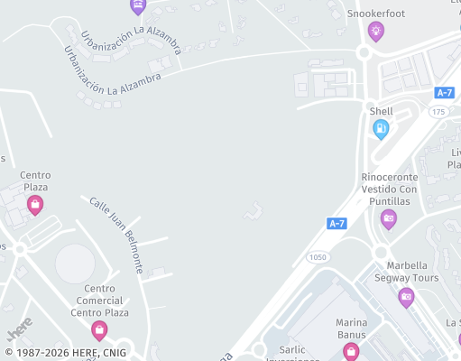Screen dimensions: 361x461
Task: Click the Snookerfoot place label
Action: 375,14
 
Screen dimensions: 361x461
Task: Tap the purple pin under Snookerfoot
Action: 375,32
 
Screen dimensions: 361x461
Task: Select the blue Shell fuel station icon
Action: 381,129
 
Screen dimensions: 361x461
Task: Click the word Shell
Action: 381,111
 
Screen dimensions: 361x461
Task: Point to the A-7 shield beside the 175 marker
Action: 444,93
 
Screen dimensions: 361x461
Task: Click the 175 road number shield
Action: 438,111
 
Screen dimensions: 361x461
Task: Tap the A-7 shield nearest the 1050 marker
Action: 337,223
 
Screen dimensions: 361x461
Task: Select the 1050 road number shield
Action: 318,257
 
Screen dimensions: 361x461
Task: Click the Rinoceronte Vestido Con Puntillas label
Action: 389,190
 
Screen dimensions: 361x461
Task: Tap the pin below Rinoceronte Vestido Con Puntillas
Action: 389,218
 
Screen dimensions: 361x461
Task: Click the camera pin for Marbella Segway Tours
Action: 406,297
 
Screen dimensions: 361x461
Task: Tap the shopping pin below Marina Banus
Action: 351,350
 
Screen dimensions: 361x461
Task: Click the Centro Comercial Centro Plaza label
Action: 99,301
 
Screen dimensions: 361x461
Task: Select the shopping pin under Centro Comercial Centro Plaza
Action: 99,330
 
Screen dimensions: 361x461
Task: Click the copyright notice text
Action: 65,353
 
